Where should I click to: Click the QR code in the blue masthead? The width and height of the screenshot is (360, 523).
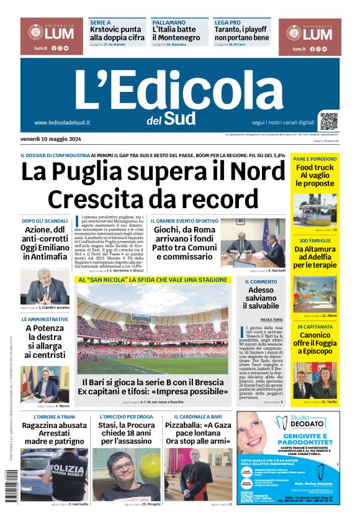(x=329, y=121)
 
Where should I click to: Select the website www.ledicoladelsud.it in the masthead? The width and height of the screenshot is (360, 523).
(x=63, y=122)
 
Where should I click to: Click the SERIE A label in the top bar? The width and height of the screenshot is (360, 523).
(x=100, y=21)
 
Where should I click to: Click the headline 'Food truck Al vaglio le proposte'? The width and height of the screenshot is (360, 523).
(x=315, y=176)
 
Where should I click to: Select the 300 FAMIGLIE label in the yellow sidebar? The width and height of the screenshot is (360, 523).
(x=315, y=240)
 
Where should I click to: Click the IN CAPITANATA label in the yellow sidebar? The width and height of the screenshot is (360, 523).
(x=315, y=326)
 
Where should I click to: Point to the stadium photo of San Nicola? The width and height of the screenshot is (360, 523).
(x=153, y=329)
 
